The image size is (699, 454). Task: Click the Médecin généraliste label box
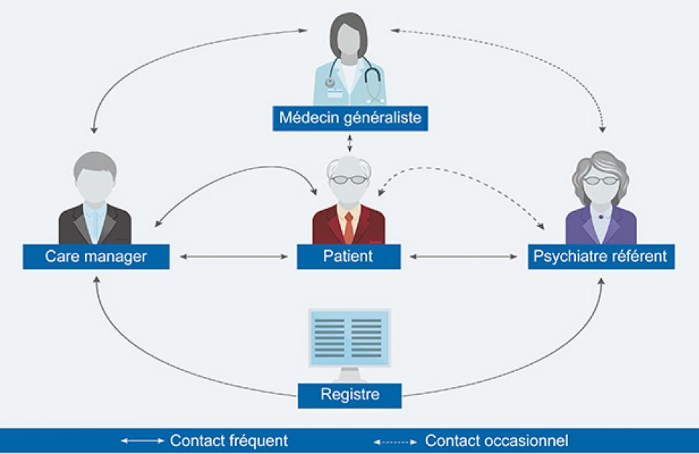(351, 117)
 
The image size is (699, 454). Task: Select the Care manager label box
(96, 257)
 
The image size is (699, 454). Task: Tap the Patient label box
(349, 257)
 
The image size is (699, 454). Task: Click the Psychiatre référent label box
(601, 257)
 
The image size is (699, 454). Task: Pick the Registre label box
(349, 394)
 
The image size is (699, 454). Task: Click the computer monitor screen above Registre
(349, 336)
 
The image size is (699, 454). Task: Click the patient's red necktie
(349, 228)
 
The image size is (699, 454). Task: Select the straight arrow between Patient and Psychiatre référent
(464, 257)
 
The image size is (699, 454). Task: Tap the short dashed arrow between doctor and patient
(351, 143)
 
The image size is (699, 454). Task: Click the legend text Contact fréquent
(229, 440)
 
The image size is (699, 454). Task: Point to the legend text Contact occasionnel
(497, 440)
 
